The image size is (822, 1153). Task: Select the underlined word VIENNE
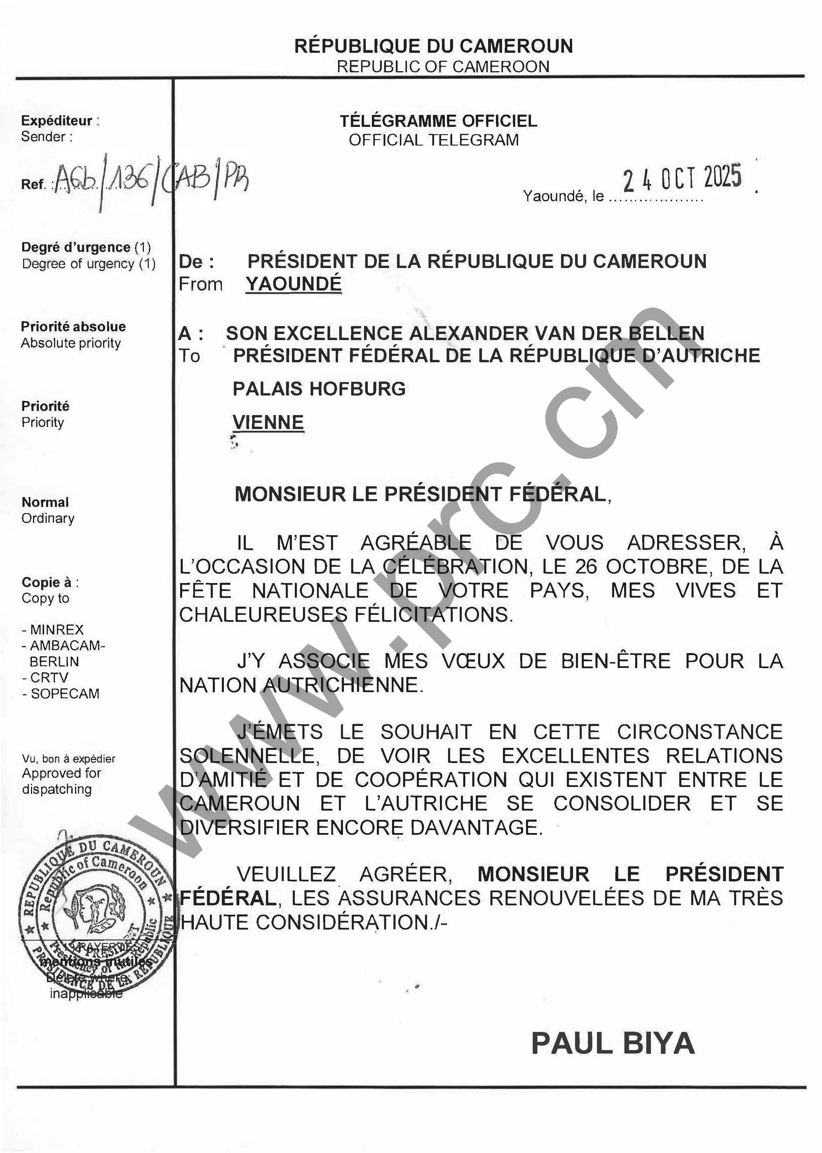(x=268, y=422)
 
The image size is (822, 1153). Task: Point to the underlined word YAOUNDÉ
(x=294, y=284)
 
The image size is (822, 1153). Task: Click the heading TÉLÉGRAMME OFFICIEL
(x=438, y=121)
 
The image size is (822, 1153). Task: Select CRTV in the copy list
(x=48, y=678)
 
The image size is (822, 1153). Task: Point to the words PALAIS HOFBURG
(x=319, y=389)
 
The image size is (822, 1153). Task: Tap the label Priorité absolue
(x=73, y=327)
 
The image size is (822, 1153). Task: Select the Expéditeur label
(x=57, y=121)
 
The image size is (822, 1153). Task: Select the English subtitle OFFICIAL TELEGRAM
(x=434, y=140)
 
